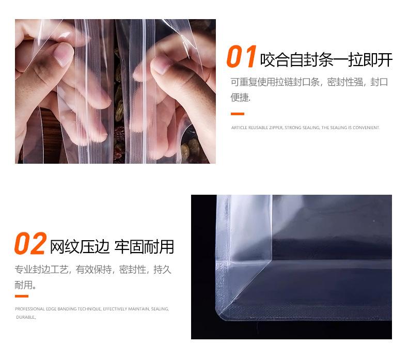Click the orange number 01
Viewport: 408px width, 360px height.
click(x=241, y=57)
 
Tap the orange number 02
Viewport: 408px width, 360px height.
click(x=30, y=244)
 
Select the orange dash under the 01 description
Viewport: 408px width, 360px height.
click(x=237, y=114)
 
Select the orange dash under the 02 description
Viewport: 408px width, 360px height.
click(x=21, y=296)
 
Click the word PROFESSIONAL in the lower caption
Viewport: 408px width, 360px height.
click(x=28, y=309)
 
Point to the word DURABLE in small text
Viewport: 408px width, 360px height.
click(x=25, y=317)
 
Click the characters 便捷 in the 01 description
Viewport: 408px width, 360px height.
click(x=240, y=97)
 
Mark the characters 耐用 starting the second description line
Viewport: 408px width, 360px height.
click(x=23, y=285)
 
